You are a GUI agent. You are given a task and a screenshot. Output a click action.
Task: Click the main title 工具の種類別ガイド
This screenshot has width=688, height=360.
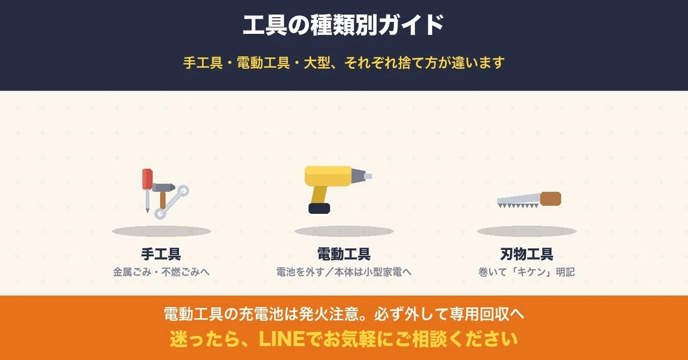pyautogui.click(x=343, y=25)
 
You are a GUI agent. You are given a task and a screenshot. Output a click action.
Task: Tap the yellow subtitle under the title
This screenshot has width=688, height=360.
pyautogui.click(x=343, y=62)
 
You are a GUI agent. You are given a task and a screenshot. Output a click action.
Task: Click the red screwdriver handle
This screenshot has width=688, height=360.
pyautogui.click(x=147, y=179)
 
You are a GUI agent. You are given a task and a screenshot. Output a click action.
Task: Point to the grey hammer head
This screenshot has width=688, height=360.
pyautogui.click(x=163, y=187)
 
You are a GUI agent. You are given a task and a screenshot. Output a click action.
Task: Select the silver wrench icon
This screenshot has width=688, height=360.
pyautogui.click(x=171, y=202)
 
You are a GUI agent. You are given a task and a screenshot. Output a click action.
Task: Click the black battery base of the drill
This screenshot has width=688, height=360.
pyautogui.click(x=319, y=208)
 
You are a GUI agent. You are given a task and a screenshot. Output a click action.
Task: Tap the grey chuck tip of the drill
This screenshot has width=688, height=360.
pyautogui.click(x=362, y=176)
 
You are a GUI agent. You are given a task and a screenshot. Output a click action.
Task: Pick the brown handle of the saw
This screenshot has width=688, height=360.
pyautogui.click(x=550, y=199)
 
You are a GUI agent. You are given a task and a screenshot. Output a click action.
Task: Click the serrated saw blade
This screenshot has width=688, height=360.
pyautogui.click(x=518, y=201)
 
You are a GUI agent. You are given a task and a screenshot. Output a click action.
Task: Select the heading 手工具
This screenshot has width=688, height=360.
pyautogui.click(x=161, y=254)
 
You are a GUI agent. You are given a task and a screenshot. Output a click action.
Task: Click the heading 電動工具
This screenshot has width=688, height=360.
pyautogui.click(x=344, y=254)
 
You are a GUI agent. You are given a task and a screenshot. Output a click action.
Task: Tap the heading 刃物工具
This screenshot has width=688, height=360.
pyautogui.click(x=527, y=254)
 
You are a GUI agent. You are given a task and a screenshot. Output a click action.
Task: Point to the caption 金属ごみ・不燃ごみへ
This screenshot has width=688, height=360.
pyautogui.click(x=161, y=272)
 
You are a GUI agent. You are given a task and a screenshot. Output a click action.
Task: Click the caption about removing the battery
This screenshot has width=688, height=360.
pyautogui.click(x=343, y=272)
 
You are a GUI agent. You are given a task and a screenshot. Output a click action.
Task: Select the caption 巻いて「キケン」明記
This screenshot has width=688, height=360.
pyautogui.click(x=526, y=272)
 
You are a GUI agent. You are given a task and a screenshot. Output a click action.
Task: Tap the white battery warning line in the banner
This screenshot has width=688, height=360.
pyautogui.click(x=344, y=314)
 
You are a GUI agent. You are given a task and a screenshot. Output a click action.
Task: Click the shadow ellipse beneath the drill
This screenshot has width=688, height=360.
pyautogui.click(x=344, y=231)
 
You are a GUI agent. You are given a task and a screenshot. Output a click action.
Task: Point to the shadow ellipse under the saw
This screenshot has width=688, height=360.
pyautogui.click(x=527, y=231)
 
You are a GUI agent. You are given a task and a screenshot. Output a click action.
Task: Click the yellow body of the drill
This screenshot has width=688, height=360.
pyautogui.click(x=328, y=176)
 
